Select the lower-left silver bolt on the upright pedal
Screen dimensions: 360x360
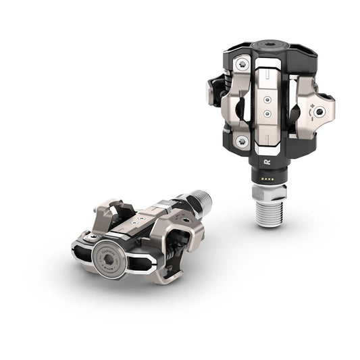point(241,140)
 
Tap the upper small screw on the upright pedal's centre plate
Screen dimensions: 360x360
point(268,99)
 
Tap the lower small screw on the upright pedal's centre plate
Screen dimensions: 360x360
point(268,115)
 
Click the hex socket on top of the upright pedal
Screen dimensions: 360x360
point(266,48)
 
